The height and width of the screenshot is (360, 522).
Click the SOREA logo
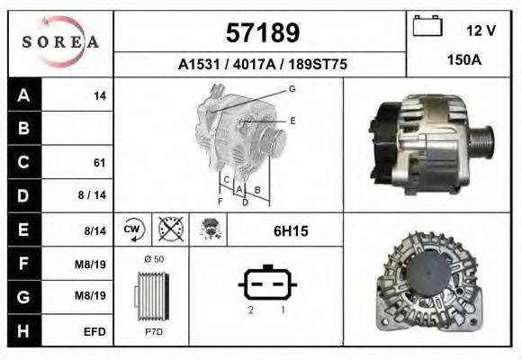click(60, 43)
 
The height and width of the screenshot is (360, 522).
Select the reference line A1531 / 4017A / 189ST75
click(261, 65)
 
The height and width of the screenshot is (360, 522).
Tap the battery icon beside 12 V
click(426, 28)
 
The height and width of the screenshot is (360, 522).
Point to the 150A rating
click(463, 60)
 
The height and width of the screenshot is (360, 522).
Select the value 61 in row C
click(99, 163)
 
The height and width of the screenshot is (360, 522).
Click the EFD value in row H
click(94, 331)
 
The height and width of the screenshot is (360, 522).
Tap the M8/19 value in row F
click(94, 264)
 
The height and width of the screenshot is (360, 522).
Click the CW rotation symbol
click(133, 229)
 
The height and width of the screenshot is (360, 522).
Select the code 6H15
click(291, 231)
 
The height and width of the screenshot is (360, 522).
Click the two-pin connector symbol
click(266, 285)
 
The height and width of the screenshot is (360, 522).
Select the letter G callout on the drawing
click(292, 88)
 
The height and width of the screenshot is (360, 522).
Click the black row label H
click(24, 331)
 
